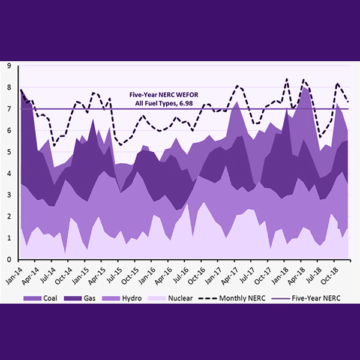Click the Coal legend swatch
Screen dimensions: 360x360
tap(31, 297)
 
